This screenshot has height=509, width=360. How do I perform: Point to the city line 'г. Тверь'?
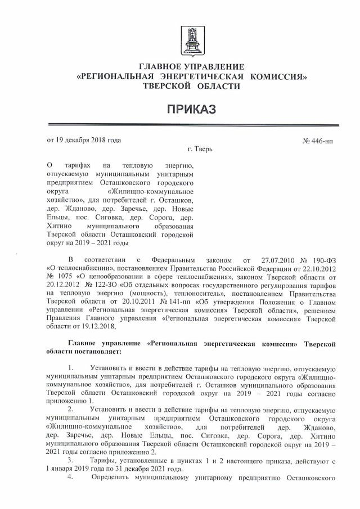click(x=200, y=150)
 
